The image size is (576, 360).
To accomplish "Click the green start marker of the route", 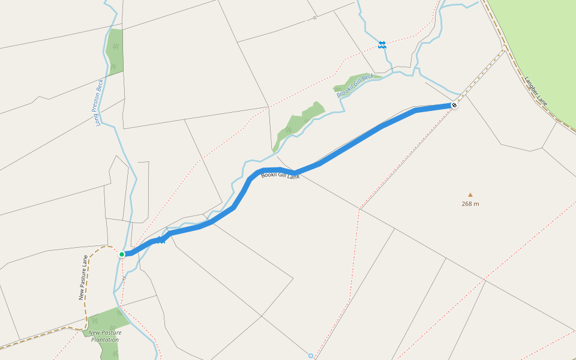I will (122, 254).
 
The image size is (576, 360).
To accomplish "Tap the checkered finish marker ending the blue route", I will (454, 106).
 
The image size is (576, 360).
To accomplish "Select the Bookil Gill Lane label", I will (280, 176).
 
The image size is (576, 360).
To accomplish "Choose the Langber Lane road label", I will (536, 89).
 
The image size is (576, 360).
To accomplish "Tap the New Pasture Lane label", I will (83, 278).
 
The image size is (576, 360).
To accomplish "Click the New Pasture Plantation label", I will (105, 336).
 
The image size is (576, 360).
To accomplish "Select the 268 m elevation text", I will (470, 204).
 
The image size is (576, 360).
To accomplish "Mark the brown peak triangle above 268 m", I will (470, 194).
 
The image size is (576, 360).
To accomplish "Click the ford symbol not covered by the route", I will (382, 44).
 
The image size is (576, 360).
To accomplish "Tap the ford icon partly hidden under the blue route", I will (161, 240).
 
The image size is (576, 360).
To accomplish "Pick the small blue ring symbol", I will (311, 356).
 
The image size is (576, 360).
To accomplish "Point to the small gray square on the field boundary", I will (314, 18).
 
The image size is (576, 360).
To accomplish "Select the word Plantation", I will (105, 340).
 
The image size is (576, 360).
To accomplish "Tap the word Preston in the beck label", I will (100, 100).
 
